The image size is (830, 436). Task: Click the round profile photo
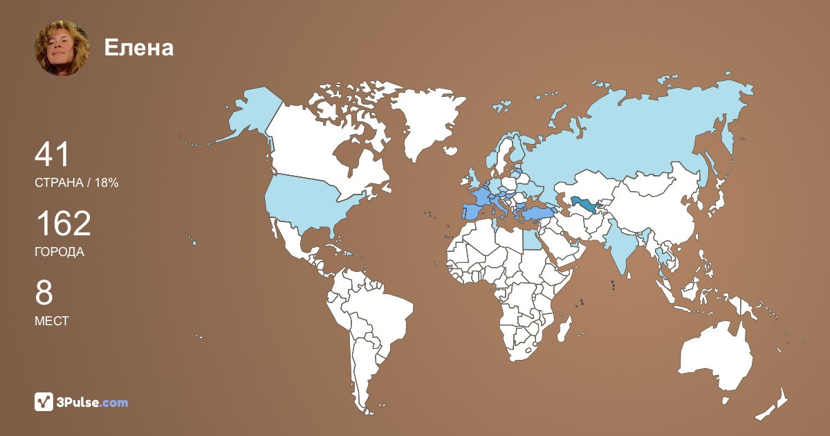[x=62, y=48]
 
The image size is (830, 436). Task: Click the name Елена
[x=139, y=47]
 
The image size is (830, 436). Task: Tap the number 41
[x=53, y=155]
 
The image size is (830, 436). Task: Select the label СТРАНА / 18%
[x=77, y=183]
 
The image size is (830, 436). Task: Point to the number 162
[x=63, y=224]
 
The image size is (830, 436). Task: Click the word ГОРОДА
[x=59, y=252]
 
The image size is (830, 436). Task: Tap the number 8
[x=44, y=293]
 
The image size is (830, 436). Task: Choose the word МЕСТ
[x=52, y=321]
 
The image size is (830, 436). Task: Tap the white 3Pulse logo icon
[x=44, y=401]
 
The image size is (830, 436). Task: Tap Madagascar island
[x=565, y=328]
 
